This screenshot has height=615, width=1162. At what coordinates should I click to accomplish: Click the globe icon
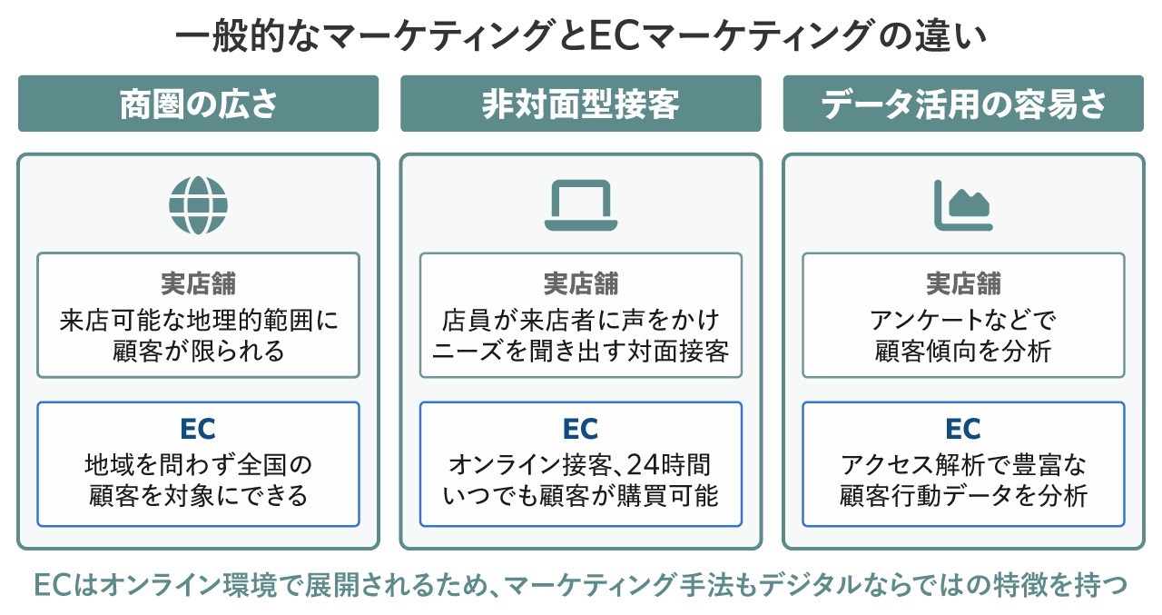(198, 205)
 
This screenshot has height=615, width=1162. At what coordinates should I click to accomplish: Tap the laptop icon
(580, 205)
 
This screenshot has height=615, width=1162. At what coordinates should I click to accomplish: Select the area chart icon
(963, 205)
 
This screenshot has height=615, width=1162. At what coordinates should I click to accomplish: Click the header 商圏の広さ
(199, 104)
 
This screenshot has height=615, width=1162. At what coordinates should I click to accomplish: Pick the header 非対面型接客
(580, 104)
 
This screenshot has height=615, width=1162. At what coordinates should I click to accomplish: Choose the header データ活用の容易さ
(963, 104)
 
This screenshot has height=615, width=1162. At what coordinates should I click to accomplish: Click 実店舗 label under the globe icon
(198, 283)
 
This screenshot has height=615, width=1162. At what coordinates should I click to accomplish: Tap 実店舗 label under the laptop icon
(580, 283)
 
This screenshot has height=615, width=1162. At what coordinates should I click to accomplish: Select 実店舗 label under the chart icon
(963, 283)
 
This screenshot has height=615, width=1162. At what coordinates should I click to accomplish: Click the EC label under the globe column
(198, 429)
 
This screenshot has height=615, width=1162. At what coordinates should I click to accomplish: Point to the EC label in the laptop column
(580, 429)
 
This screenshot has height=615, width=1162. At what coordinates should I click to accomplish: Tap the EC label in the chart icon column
(963, 429)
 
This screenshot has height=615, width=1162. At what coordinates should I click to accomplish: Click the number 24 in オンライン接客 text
(642, 464)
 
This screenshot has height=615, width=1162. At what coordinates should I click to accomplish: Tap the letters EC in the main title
(615, 35)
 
